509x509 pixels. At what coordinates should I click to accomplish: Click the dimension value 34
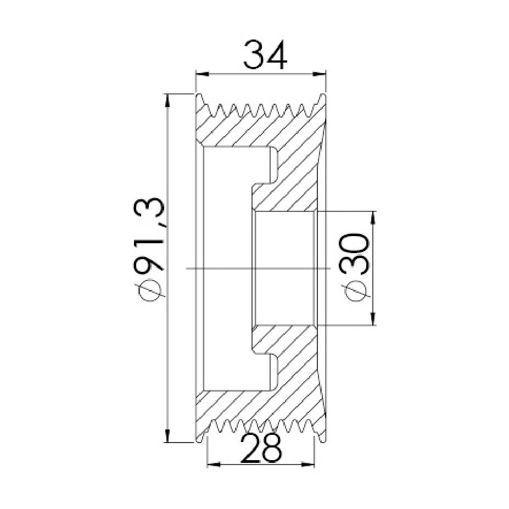[265, 54]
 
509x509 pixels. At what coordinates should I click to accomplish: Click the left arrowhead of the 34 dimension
[202, 75]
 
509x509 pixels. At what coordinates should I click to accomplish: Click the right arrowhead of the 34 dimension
[319, 75]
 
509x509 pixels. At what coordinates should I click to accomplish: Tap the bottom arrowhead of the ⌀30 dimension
[373, 318]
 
